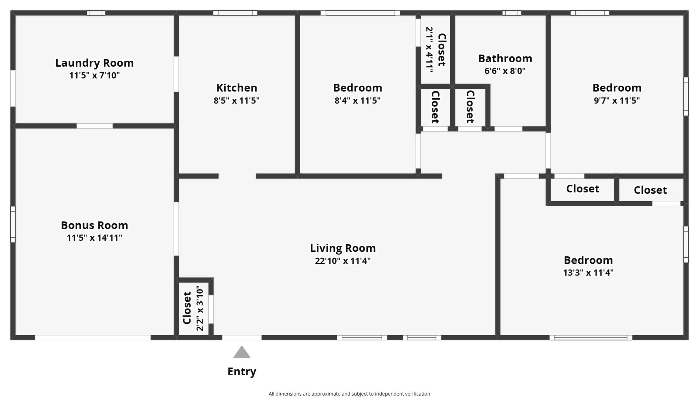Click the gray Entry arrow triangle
tap(242, 353)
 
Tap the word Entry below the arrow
tap(242, 372)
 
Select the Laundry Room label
tap(94, 63)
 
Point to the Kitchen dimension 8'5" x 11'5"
tap(237, 100)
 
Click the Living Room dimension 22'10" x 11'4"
tap(343, 261)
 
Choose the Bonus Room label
tap(94, 225)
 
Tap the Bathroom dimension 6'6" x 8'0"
tap(505, 71)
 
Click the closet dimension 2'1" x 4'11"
tap(429, 50)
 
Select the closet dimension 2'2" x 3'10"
tap(200, 308)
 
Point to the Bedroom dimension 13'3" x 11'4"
tap(588, 273)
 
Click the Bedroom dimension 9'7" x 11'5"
tap(617, 100)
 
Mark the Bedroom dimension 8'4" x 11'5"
tap(357, 100)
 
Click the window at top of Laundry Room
tap(96, 13)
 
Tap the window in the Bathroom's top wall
tap(511, 13)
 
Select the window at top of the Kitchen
tap(235, 13)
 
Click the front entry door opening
tap(242, 337)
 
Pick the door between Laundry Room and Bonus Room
tap(95, 126)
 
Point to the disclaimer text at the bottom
tap(349, 394)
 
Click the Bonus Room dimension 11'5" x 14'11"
tap(94, 238)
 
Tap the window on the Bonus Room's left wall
tap(13, 224)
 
